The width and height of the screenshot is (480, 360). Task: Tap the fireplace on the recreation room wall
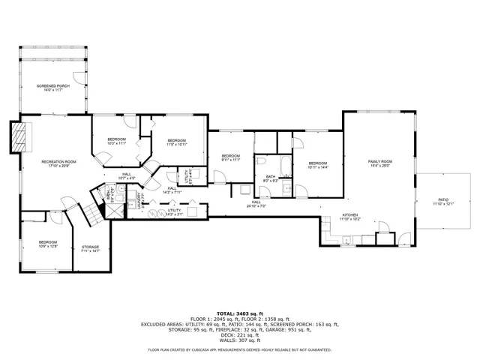pyautogui.click(x=20, y=136)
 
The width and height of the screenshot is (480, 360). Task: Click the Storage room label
pyautogui.click(x=90, y=248)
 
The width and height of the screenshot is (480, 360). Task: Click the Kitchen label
pyautogui.click(x=351, y=217)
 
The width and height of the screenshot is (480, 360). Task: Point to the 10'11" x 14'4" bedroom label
pyautogui.click(x=318, y=165)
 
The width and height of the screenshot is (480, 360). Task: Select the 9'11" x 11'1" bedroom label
pyautogui.click(x=230, y=157)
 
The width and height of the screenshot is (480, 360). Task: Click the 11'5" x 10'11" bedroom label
pyautogui.click(x=176, y=142)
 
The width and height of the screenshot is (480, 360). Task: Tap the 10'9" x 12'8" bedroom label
pyautogui.click(x=48, y=244)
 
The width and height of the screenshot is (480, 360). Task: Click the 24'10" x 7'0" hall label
pyautogui.click(x=256, y=203)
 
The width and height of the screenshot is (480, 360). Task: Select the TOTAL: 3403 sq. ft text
pyautogui.click(x=240, y=313)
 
